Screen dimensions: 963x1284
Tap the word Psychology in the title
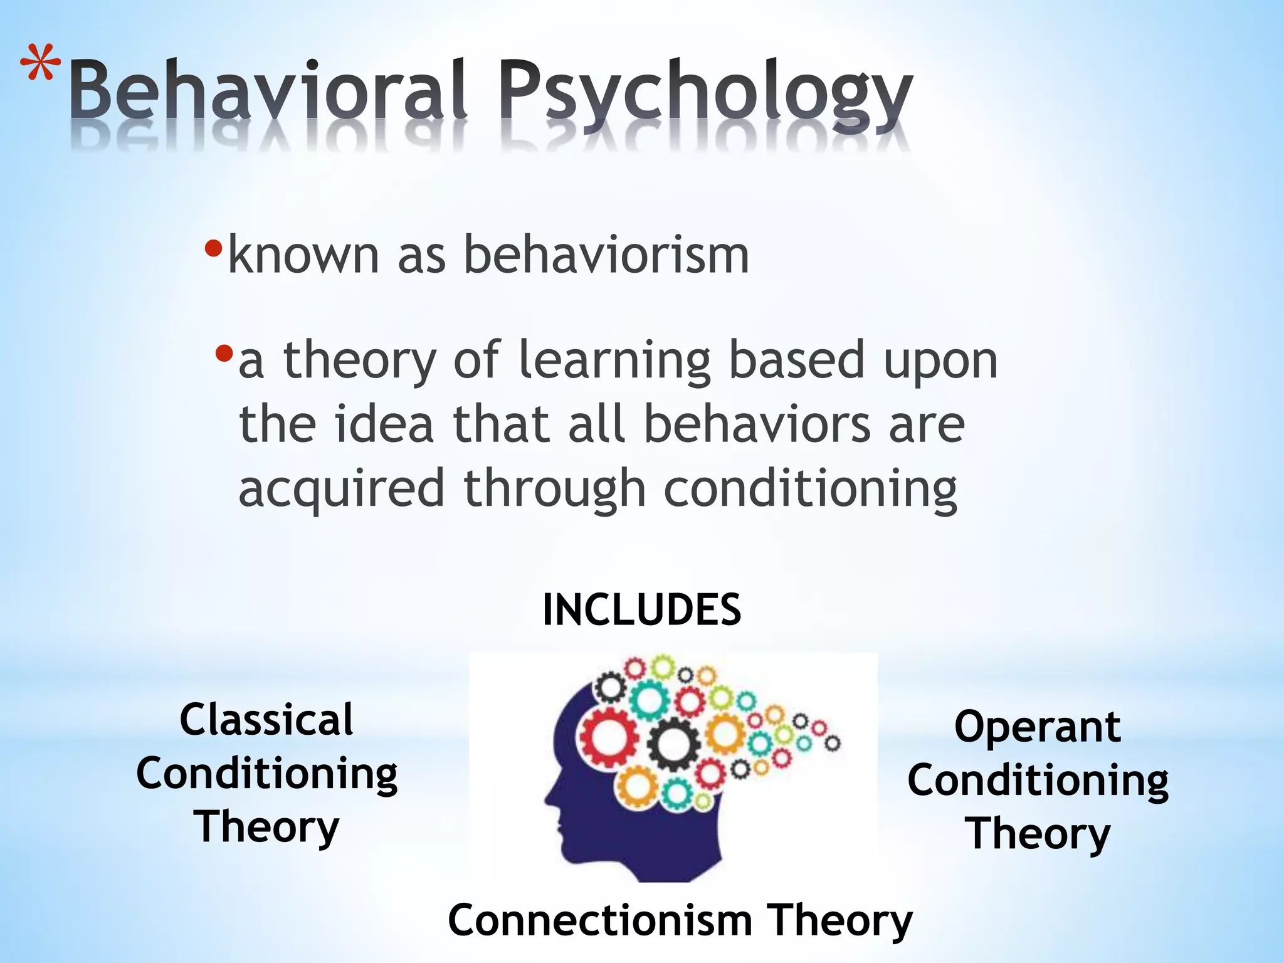pyautogui.click(x=705, y=94)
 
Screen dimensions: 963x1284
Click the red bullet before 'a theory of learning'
pyautogui.click(x=224, y=355)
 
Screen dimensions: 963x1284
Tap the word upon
pyautogui.click(x=940, y=362)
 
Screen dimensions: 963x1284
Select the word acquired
pyautogui.click(x=342, y=489)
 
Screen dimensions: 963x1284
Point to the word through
pyautogui.click(x=554, y=489)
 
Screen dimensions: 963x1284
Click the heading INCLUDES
pyautogui.click(x=641, y=610)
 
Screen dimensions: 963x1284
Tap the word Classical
pyautogui.click(x=266, y=720)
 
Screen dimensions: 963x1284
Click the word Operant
pyautogui.click(x=1038, y=727)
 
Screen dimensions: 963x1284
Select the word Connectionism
pyautogui.click(x=600, y=920)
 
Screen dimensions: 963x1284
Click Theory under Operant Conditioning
pyautogui.click(x=1038, y=834)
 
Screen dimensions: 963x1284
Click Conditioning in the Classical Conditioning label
pyautogui.click(x=266, y=774)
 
